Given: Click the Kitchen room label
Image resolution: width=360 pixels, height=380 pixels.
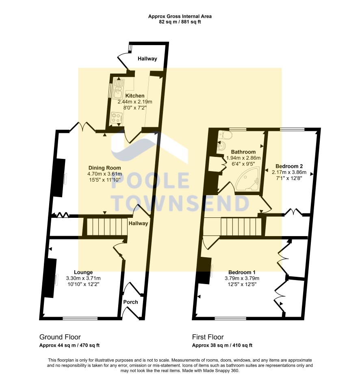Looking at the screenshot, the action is point(135,96).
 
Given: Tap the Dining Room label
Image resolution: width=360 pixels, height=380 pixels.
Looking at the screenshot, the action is point(104,168).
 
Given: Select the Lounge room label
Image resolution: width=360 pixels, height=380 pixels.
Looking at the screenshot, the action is point(83,272).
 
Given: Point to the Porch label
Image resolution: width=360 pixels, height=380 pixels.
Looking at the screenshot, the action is point(130,302).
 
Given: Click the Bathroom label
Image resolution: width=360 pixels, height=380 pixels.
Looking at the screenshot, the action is point(243,152).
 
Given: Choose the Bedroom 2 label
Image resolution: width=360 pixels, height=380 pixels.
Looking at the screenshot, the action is point(289,166).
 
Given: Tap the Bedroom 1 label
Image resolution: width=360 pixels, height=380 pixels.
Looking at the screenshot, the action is point(242,272).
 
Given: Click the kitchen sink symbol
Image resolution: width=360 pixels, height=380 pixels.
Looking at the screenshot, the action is point(119,89).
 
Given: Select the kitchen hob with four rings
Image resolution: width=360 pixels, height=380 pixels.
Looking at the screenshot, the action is point(116,118).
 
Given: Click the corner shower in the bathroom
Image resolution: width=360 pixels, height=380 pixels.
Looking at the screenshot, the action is point(248,179).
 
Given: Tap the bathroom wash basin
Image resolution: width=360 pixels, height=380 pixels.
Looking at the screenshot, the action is point(221,146).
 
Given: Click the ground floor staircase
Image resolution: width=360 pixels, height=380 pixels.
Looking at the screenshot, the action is point(105,227).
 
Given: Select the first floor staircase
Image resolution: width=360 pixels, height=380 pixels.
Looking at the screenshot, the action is point(241,227).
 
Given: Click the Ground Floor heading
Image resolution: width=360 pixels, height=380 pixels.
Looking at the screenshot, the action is point(60,337).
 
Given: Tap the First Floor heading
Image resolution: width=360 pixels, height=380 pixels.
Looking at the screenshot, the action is point(208,337).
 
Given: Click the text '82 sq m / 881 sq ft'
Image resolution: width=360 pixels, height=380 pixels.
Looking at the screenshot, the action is point(180,22).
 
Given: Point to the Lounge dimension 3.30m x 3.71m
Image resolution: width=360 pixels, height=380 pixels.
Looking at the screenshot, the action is point(83,278).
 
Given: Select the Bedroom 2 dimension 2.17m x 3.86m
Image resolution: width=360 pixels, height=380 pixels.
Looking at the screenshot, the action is point(289,172).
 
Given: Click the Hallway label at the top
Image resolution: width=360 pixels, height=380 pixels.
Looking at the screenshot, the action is point(147,59).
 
